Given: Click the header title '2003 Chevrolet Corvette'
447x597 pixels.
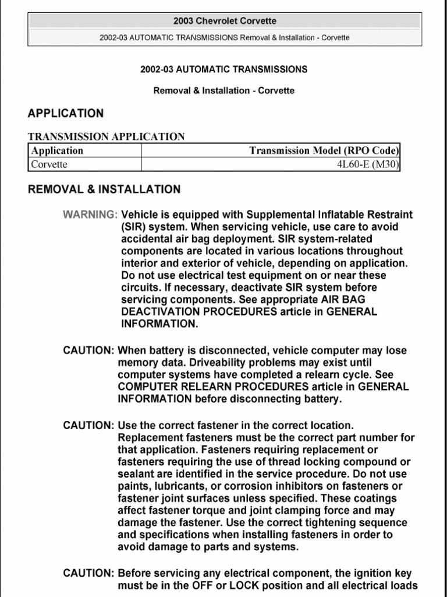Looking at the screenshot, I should click(224, 21).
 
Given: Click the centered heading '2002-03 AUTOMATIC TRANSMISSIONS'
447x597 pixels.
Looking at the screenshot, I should click(224, 69).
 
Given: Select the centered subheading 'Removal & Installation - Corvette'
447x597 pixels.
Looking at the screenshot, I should click(224, 90).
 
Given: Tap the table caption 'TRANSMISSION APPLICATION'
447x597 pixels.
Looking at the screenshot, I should click(107, 137).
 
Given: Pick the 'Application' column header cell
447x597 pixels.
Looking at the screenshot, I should click(57, 150).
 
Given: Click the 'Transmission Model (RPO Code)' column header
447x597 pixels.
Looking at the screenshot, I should click(324, 150).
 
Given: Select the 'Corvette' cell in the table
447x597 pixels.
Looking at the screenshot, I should click(49, 164).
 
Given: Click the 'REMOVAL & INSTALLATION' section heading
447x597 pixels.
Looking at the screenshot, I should click(104, 189).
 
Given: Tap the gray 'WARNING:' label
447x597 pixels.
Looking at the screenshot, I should click(90, 214).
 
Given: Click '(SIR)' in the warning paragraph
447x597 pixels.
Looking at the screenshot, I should click(133, 226).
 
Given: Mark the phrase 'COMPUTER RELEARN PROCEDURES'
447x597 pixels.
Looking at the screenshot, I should click(213, 387).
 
